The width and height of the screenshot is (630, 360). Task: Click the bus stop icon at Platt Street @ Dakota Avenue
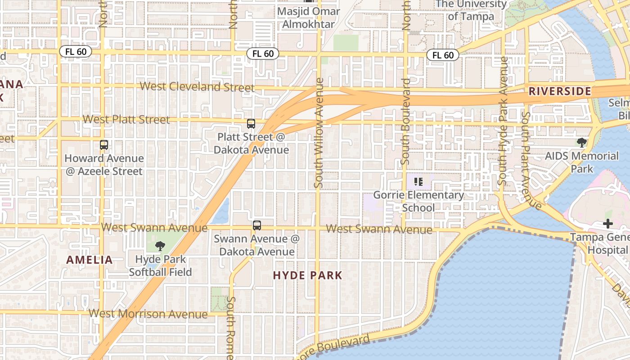pyautogui.click(x=251, y=123)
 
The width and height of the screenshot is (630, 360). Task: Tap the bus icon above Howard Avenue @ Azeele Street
pyautogui.click(x=104, y=145)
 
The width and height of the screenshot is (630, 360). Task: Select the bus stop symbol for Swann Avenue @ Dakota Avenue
pyautogui.click(x=257, y=225)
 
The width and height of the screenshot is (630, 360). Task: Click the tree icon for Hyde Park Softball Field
pyautogui.click(x=160, y=246)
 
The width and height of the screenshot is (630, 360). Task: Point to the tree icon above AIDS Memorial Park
pyautogui.click(x=582, y=143)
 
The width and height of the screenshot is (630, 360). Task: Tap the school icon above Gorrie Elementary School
pyautogui.click(x=418, y=182)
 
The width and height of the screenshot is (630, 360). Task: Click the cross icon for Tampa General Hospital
pyautogui.click(x=608, y=224)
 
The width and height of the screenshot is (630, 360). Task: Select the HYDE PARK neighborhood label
pyautogui.click(x=308, y=275)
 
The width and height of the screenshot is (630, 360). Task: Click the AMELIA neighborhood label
pyautogui.click(x=90, y=260)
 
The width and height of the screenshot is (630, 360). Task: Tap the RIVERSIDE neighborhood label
pyautogui.click(x=560, y=91)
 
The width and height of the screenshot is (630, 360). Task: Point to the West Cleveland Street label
pyautogui.click(x=197, y=86)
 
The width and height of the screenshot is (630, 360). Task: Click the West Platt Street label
pyautogui.click(x=126, y=119)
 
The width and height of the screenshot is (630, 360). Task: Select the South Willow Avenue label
pyautogui.click(x=319, y=133)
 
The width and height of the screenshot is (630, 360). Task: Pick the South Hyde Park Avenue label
pyautogui.click(x=503, y=121)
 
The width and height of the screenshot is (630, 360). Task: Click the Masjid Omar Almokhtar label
pyautogui.click(x=309, y=18)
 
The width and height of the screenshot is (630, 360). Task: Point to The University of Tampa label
pyautogui.click(x=471, y=10)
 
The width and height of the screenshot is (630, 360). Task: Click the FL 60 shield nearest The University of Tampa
pyautogui.click(x=443, y=55)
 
